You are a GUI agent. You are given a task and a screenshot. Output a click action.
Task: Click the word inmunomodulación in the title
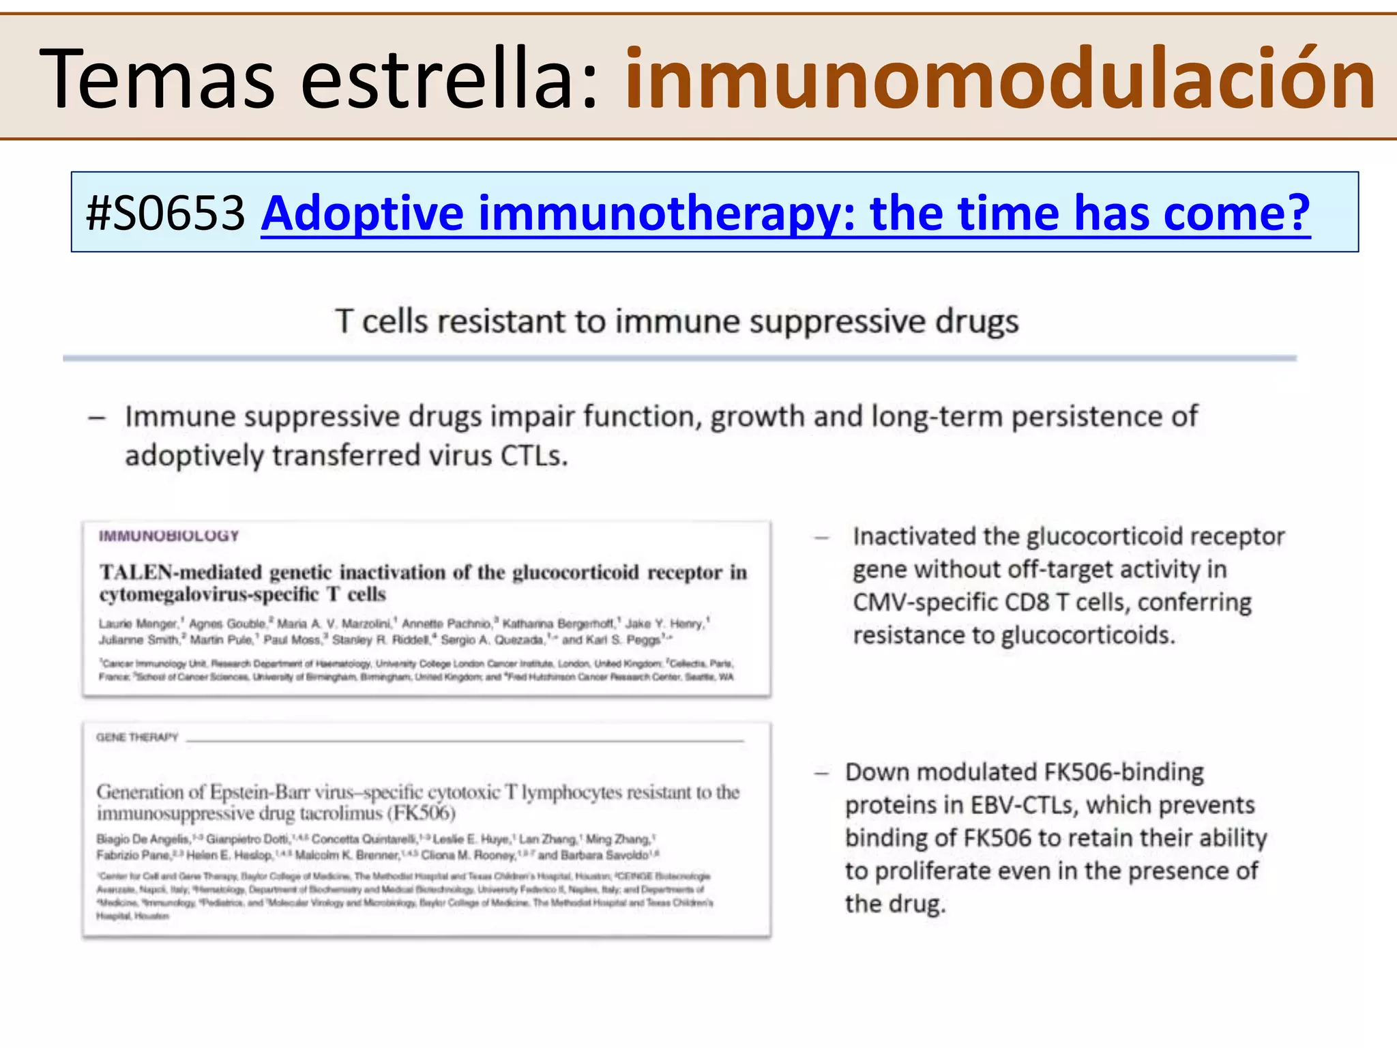[999, 78]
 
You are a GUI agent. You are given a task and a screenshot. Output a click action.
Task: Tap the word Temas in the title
[158, 78]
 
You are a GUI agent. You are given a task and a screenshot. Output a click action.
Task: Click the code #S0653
[166, 213]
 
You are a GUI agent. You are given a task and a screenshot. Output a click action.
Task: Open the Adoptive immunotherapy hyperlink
[785, 213]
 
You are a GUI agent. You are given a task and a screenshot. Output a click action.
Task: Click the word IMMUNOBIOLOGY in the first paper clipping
[169, 536]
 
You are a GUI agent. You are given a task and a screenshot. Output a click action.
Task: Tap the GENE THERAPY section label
[137, 737]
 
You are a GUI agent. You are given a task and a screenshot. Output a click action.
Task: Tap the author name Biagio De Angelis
[143, 839]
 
